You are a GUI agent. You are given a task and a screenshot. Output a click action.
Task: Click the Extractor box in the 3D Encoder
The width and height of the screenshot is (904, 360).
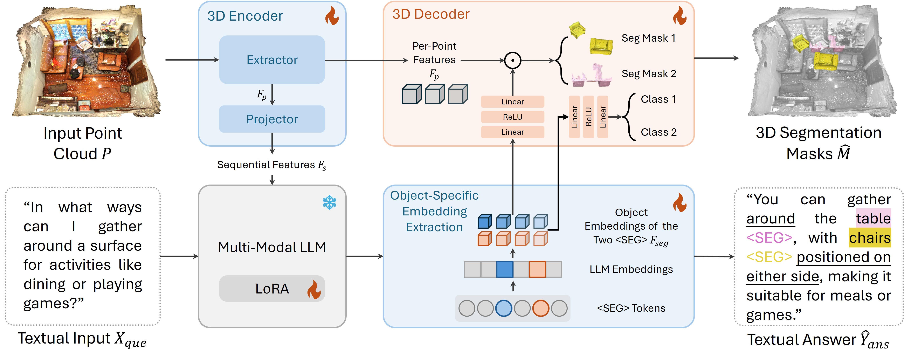point(272,60)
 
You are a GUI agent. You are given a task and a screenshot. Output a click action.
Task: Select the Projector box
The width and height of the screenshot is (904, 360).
point(272,119)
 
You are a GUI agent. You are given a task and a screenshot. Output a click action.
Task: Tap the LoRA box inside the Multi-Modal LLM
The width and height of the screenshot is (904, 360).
point(272,289)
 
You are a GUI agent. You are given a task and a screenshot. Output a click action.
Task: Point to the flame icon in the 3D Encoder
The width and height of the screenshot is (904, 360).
point(332,16)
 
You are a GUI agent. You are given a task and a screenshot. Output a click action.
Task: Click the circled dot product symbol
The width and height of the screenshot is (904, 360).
point(512,60)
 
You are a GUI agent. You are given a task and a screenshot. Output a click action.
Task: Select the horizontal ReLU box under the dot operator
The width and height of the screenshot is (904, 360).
point(512,117)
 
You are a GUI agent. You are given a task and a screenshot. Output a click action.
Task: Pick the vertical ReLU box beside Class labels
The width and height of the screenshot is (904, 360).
point(588,117)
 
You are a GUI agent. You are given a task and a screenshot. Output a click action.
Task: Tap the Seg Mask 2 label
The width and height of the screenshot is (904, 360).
point(649,74)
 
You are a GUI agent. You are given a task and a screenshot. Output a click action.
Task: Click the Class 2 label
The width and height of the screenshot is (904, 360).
point(658,132)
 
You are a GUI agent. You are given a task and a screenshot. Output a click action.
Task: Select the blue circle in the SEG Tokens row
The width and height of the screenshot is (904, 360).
point(504,309)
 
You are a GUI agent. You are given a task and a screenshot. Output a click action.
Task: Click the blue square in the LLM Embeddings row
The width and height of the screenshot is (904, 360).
point(505,269)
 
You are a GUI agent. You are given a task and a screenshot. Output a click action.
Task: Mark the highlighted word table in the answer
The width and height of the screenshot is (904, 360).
point(873,219)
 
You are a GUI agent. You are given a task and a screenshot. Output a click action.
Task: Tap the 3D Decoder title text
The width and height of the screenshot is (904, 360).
point(431,14)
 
